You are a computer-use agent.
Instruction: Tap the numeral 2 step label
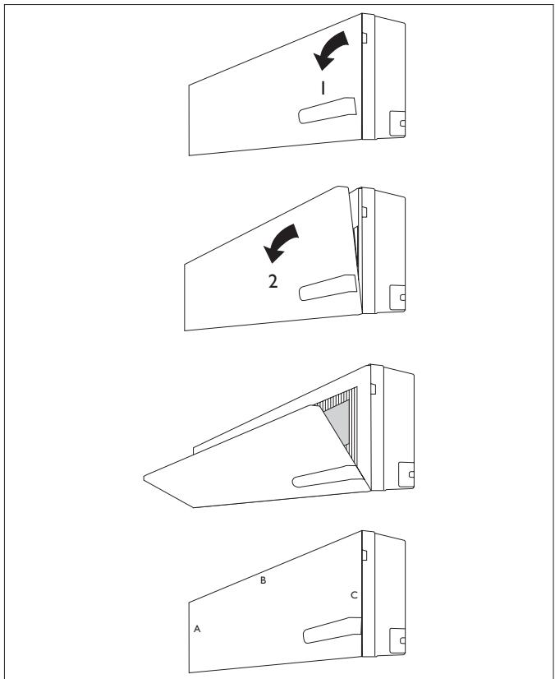coord(273,279)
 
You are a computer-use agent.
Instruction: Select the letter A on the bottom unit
coord(197,629)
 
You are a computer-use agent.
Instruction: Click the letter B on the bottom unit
coord(263,580)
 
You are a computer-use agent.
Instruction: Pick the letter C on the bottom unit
coord(354,595)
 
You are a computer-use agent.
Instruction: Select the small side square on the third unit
coord(406,474)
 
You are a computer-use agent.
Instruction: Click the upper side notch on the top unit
coord(374,37)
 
